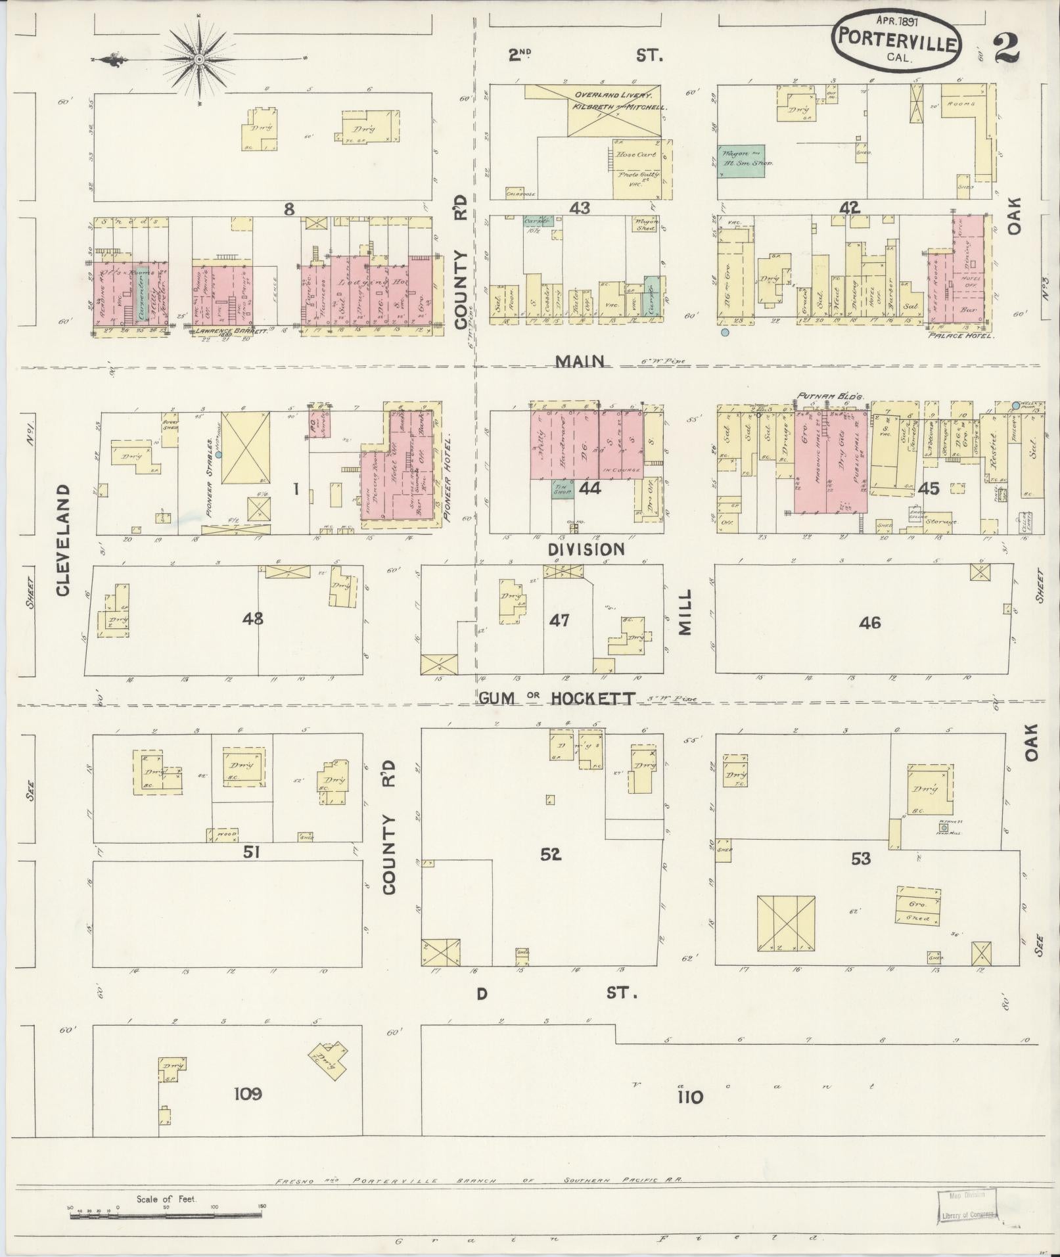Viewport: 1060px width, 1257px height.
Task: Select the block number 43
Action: click(x=580, y=208)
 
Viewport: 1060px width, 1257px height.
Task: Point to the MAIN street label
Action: click(x=579, y=361)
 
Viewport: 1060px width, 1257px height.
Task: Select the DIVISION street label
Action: click(x=586, y=549)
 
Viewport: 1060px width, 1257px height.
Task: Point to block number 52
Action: click(x=551, y=854)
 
